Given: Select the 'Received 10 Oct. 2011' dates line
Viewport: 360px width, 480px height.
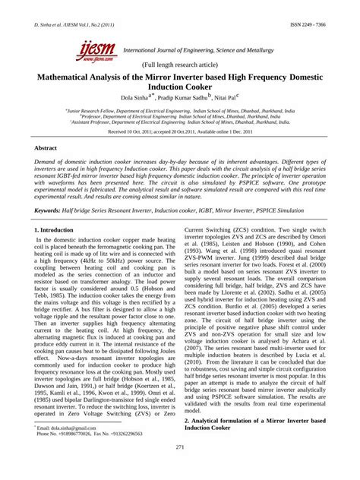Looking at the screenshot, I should pos(179,131).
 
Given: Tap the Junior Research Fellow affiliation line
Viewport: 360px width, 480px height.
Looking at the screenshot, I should pos(179,110).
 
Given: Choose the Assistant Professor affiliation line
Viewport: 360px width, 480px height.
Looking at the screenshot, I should pos(179,121).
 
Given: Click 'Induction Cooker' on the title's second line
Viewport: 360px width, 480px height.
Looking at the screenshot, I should pos(180,87).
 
